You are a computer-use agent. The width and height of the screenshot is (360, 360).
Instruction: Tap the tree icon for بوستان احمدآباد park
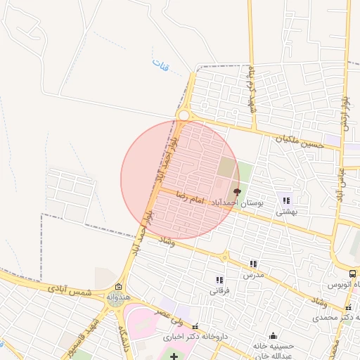click(x=236, y=191)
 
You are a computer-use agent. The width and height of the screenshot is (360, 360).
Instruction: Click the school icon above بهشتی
click(x=285, y=200)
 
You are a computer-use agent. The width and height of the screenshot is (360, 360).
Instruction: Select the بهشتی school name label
click(x=285, y=211)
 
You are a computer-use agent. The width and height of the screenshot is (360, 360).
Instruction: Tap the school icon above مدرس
click(x=252, y=264)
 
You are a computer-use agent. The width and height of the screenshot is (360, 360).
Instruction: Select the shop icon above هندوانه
click(x=118, y=287)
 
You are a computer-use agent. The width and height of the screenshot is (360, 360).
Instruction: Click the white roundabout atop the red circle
click(x=184, y=115)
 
